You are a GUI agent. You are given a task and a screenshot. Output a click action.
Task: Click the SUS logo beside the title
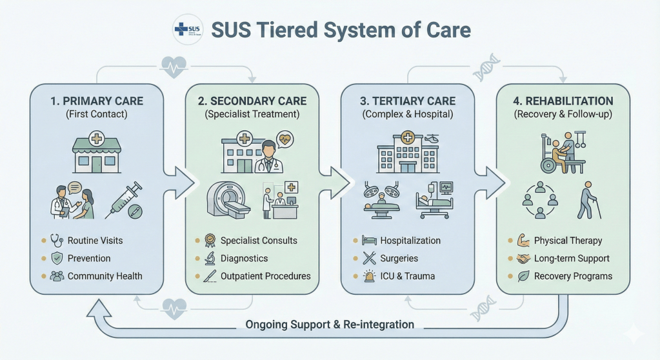tap(187, 30)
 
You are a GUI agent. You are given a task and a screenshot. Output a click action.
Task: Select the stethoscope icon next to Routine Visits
tap(57, 241)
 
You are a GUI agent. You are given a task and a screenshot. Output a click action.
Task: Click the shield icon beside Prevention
tap(57, 258)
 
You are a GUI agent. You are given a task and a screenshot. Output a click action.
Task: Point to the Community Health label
tap(105, 275)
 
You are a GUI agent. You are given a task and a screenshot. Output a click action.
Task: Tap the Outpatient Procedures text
tap(265, 275)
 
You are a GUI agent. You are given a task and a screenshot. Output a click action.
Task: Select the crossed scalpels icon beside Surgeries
tap(369, 258)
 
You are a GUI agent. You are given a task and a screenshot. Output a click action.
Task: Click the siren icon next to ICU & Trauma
tap(369, 275)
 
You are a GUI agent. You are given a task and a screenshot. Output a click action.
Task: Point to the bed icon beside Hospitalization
tap(369, 241)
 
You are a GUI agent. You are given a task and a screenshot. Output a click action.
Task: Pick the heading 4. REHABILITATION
tap(563, 101)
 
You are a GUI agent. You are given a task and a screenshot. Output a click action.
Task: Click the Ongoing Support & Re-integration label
tap(330, 324)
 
